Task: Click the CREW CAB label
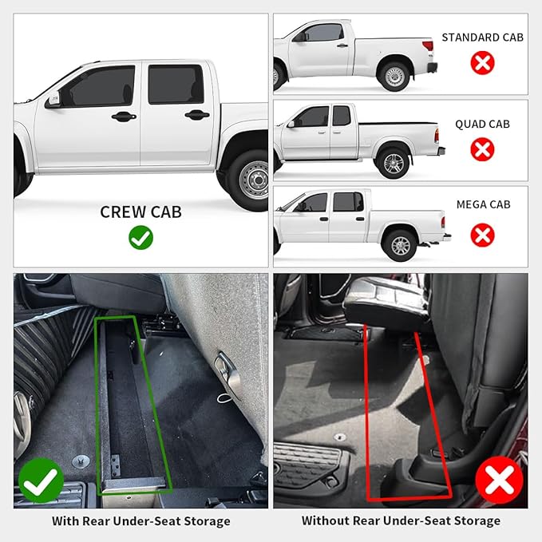pos(140,212)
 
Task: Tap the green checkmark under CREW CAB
pos(140,238)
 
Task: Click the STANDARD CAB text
pos(482,38)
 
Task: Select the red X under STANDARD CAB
pos(482,63)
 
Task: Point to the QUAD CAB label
pos(482,125)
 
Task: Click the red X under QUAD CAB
pos(482,149)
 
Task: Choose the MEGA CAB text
pos(482,204)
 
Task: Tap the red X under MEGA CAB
pos(482,235)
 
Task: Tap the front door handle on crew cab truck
pos(124,117)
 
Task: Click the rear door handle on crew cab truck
pos(196,115)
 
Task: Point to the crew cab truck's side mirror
pos(53,101)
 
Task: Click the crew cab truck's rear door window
pos(175,85)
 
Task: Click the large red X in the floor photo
pos(499,481)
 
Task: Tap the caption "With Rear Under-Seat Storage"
pos(140,521)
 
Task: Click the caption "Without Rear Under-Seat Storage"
pos(401,521)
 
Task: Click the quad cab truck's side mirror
pos(291,124)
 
